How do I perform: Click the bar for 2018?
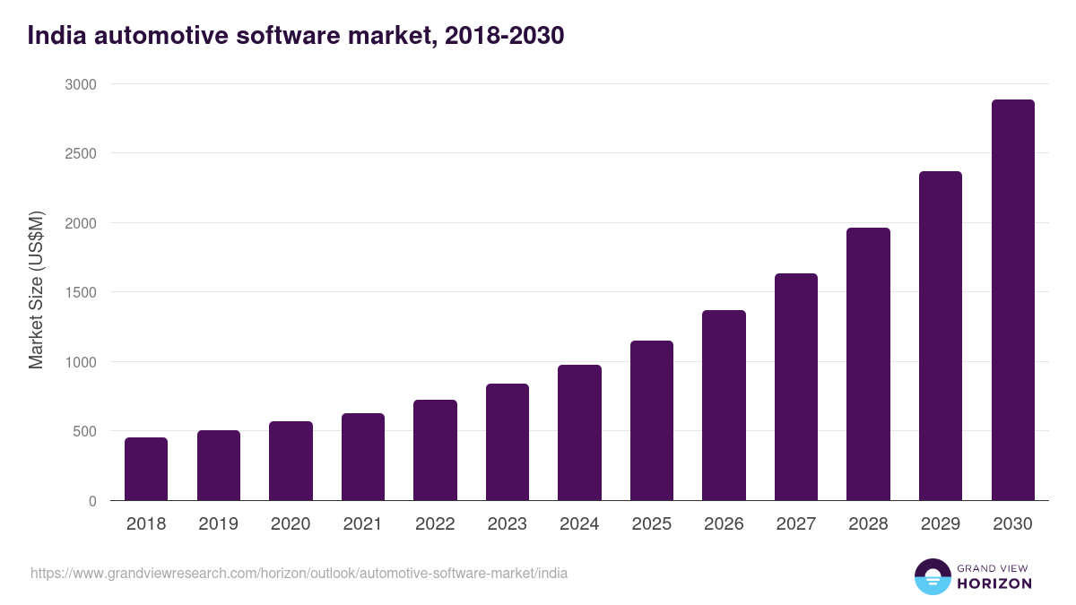point(146,469)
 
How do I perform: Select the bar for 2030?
point(1012,300)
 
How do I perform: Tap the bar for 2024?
point(579,433)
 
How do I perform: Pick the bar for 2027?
point(796,387)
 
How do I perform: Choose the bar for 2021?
point(363,457)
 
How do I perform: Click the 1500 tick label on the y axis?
point(79,292)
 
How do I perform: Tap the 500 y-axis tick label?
point(83,431)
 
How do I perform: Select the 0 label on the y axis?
point(92,501)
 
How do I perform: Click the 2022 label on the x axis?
point(435,524)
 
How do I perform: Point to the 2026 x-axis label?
point(724,524)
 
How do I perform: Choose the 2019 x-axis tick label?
point(218,524)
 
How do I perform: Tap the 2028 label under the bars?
point(868,524)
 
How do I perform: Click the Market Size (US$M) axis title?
point(36,290)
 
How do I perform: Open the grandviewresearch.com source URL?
point(299,573)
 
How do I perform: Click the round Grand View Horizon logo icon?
point(933,576)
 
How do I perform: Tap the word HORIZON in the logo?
point(994,583)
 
